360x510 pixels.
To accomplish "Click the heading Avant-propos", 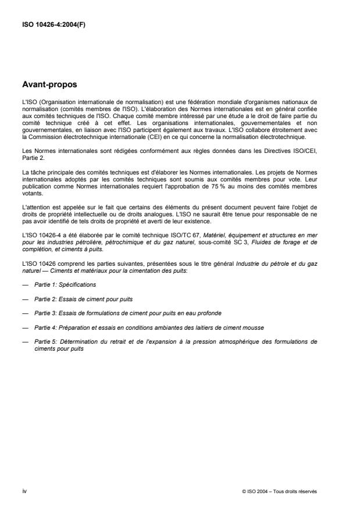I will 49,84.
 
